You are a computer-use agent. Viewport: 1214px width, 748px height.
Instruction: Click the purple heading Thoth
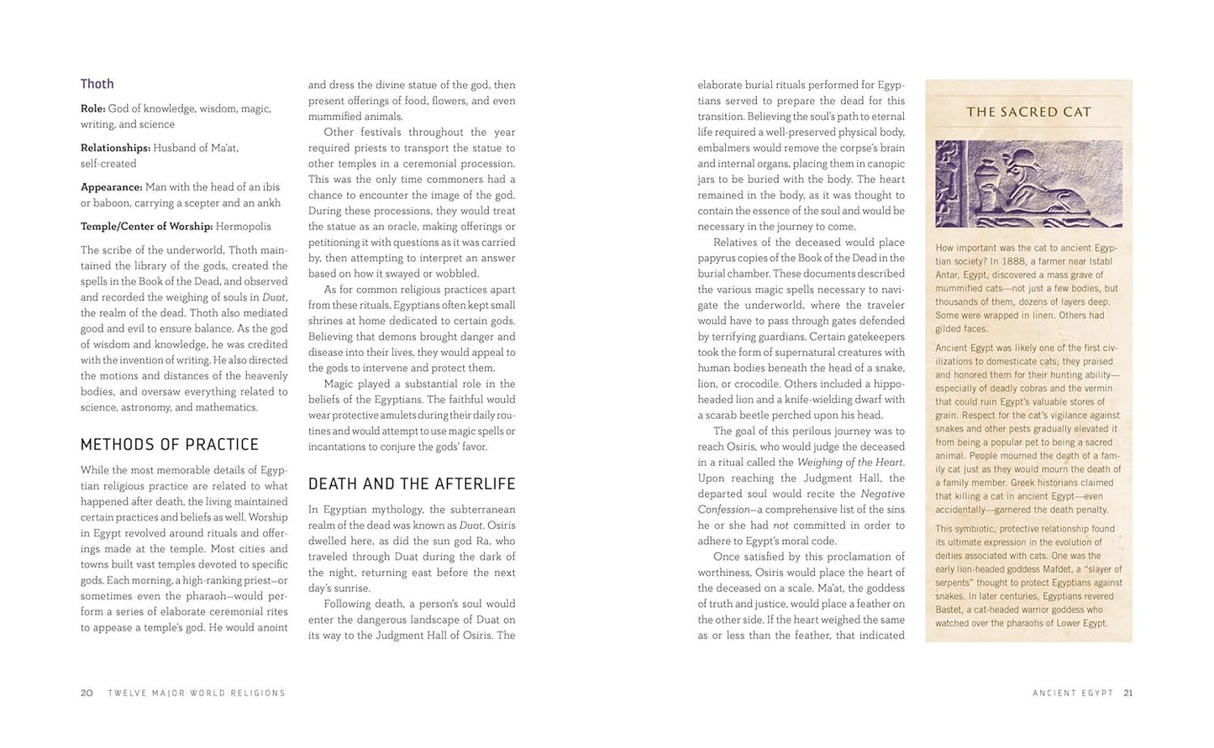coord(97,84)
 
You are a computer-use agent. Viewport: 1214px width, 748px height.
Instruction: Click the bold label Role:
coord(92,108)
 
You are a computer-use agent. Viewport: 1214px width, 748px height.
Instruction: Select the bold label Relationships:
coord(115,148)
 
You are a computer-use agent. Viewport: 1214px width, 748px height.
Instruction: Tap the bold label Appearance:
coord(111,187)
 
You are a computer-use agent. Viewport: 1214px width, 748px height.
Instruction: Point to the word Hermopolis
coord(244,227)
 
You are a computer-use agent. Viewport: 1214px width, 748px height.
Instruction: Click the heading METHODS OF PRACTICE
coord(170,444)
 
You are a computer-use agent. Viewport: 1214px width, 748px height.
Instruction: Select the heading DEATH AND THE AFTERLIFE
coord(412,484)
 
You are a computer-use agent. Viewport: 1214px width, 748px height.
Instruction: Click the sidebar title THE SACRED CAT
coord(1028,112)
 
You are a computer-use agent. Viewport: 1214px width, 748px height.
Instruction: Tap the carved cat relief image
coord(1028,184)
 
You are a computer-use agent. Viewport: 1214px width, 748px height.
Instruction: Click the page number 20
coord(87,693)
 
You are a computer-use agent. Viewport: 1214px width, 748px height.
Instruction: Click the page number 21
coord(1127,693)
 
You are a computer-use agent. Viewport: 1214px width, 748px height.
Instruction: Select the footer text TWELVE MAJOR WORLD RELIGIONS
coord(197,693)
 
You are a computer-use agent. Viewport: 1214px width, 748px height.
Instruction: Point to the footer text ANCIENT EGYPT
coord(1073,693)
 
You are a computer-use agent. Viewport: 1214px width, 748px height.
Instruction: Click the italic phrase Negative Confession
coord(883,494)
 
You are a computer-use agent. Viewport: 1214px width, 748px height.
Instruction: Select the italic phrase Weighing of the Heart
coord(849,463)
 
